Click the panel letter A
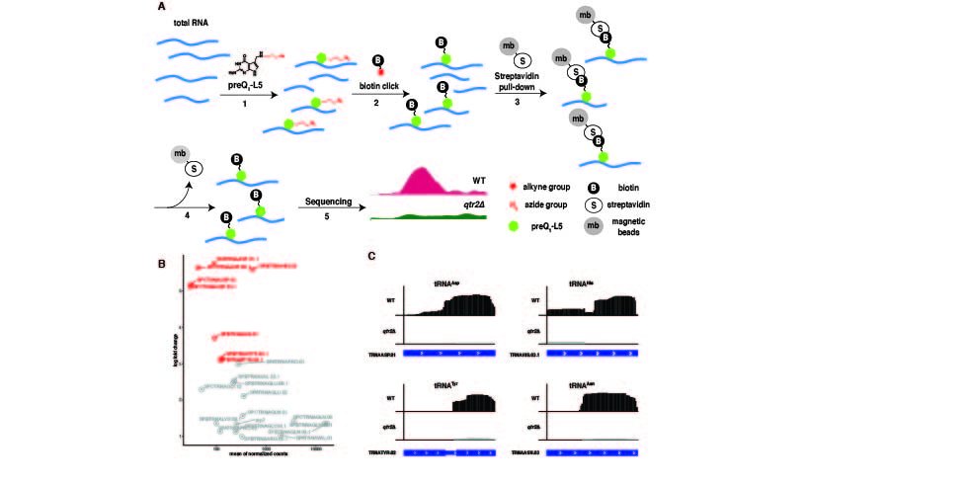click(161, 7)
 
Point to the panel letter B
click(161, 264)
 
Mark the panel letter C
click(370, 256)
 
